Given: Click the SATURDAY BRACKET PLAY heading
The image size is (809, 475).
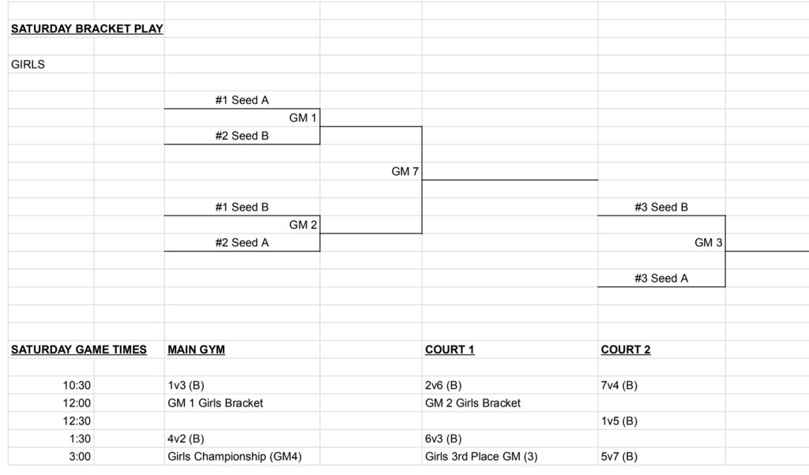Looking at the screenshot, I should [87, 29].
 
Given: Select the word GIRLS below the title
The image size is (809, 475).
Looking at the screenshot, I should [28, 65].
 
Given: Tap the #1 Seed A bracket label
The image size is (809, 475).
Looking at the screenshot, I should [242, 100].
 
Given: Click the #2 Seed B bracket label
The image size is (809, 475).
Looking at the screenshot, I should [242, 136].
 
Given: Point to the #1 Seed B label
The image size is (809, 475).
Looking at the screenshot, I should [242, 208].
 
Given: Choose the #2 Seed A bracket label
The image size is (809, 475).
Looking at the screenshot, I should [242, 243].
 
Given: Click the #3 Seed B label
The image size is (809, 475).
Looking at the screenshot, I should [661, 208].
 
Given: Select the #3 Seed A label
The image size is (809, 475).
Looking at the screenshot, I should [661, 279].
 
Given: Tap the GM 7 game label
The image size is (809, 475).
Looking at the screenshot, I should [405, 171].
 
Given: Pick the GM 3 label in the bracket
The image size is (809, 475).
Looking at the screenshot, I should [709, 243].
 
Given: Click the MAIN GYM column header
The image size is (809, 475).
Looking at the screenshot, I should [196, 350].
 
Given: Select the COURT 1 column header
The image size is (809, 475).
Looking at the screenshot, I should [450, 350].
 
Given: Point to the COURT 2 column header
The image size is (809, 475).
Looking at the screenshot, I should [626, 350].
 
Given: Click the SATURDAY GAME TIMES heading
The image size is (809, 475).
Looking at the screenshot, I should [79, 350].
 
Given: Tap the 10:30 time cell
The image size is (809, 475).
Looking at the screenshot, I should [77, 386].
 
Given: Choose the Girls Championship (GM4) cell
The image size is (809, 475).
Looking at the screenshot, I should [235, 456].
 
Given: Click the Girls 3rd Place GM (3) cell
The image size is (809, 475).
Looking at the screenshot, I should [481, 456].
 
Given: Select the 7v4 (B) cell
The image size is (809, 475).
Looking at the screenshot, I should [619, 386].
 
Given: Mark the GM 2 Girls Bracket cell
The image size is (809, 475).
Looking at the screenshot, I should [472, 403].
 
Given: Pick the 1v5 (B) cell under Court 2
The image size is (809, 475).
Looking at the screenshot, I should [619, 421].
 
